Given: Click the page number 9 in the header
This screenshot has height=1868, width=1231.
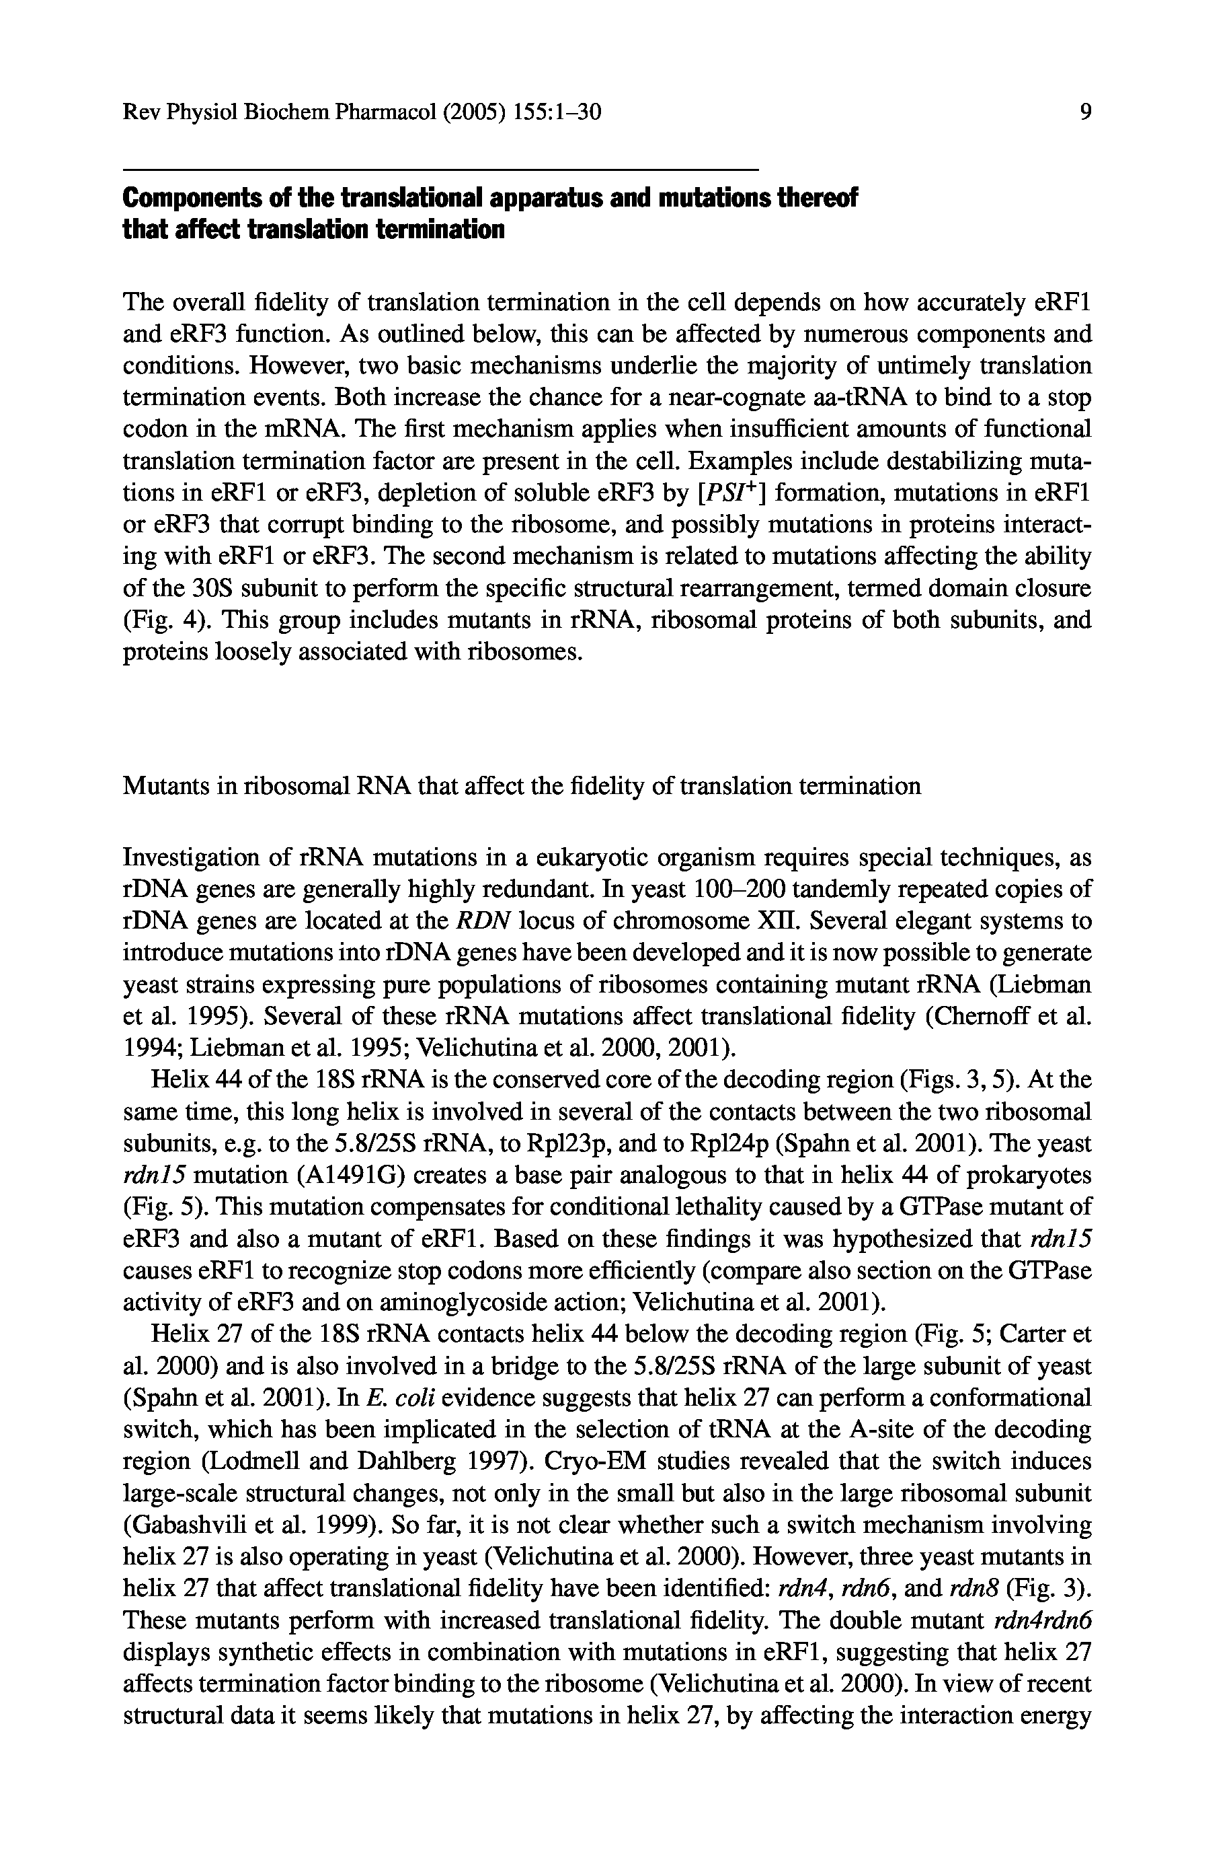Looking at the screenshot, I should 1086,112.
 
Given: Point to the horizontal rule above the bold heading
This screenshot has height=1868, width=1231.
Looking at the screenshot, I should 440,170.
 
